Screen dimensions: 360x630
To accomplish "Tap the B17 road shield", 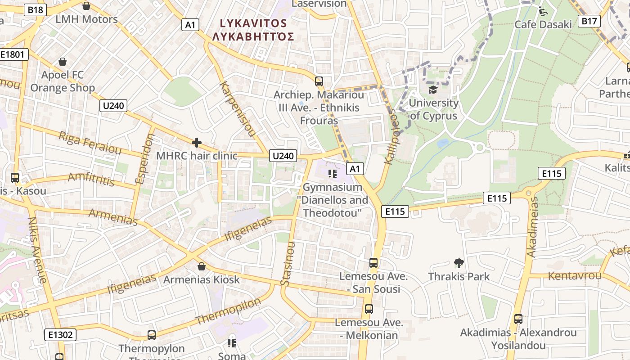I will [x=589, y=21].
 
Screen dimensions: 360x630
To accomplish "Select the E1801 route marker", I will [x=14, y=55].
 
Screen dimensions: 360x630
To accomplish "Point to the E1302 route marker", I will [x=60, y=334].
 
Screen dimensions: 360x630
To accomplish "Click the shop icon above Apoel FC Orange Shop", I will [x=63, y=61].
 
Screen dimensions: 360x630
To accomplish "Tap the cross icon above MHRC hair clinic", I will [x=196, y=143].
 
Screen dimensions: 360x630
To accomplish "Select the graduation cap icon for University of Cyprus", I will [x=433, y=90].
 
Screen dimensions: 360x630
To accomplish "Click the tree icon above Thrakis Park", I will [x=459, y=263].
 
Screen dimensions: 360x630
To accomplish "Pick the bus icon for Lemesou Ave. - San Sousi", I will [x=373, y=262].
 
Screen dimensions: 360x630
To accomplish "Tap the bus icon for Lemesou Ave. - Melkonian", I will [x=369, y=309].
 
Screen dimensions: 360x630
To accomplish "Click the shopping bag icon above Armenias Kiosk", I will [x=202, y=266].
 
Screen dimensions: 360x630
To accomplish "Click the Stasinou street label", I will [x=288, y=263].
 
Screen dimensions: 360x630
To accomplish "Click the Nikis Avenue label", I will [x=37, y=250].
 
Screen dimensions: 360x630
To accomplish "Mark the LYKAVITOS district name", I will [x=253, y=23].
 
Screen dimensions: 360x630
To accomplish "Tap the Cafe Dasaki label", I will [x=543, y=24].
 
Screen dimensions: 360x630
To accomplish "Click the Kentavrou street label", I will [x=574, y=275].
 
